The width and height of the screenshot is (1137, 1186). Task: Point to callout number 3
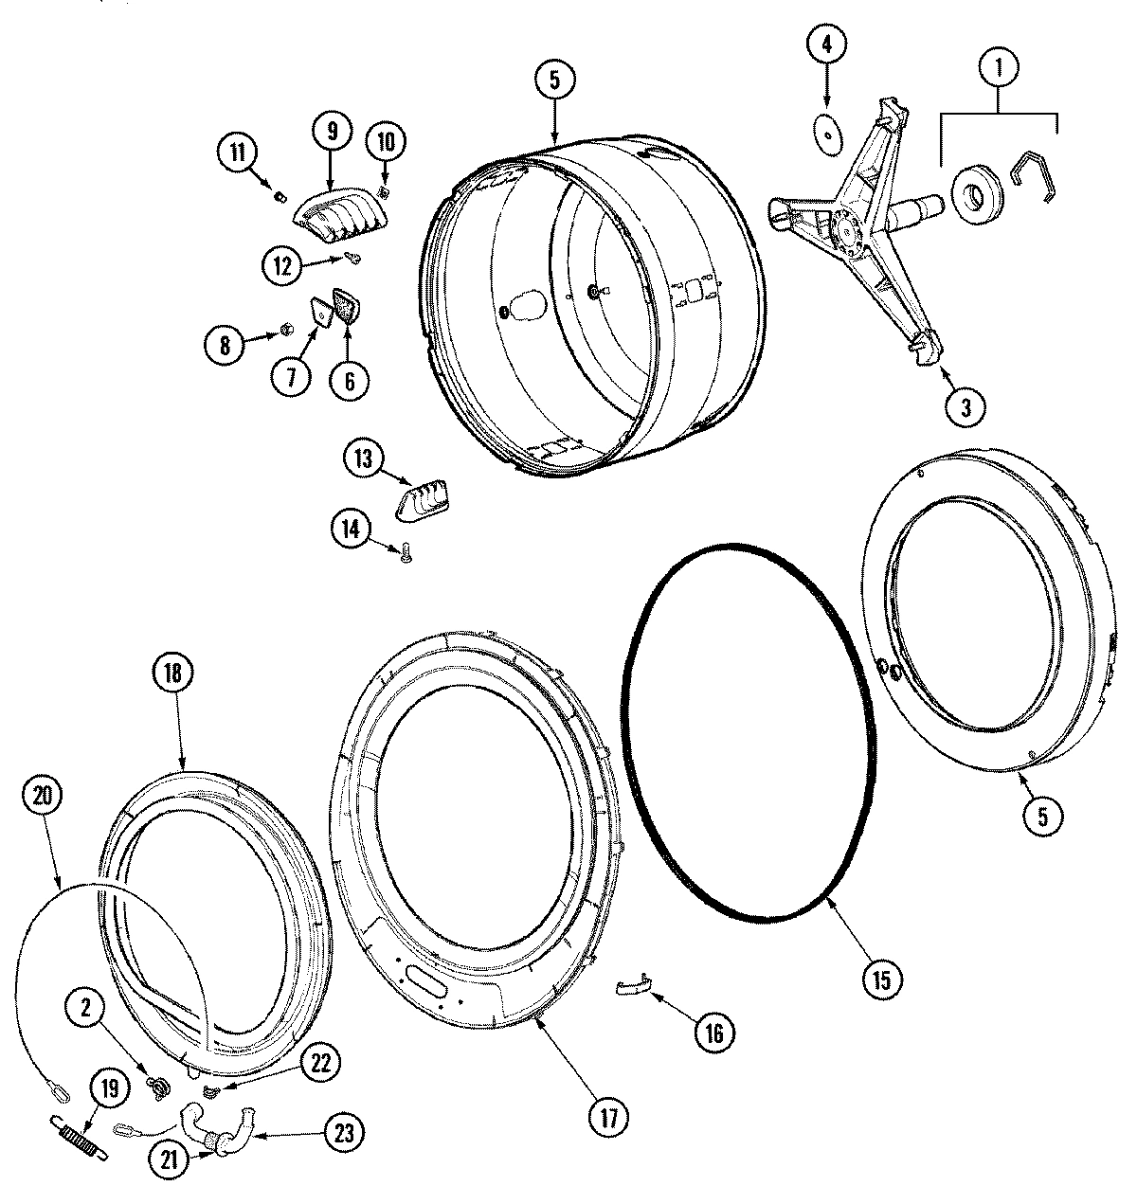tap(965, 406)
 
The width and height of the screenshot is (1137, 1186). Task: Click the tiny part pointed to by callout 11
tap(280, 197)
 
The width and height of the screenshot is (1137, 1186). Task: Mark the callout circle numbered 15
tap(881, 979)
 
